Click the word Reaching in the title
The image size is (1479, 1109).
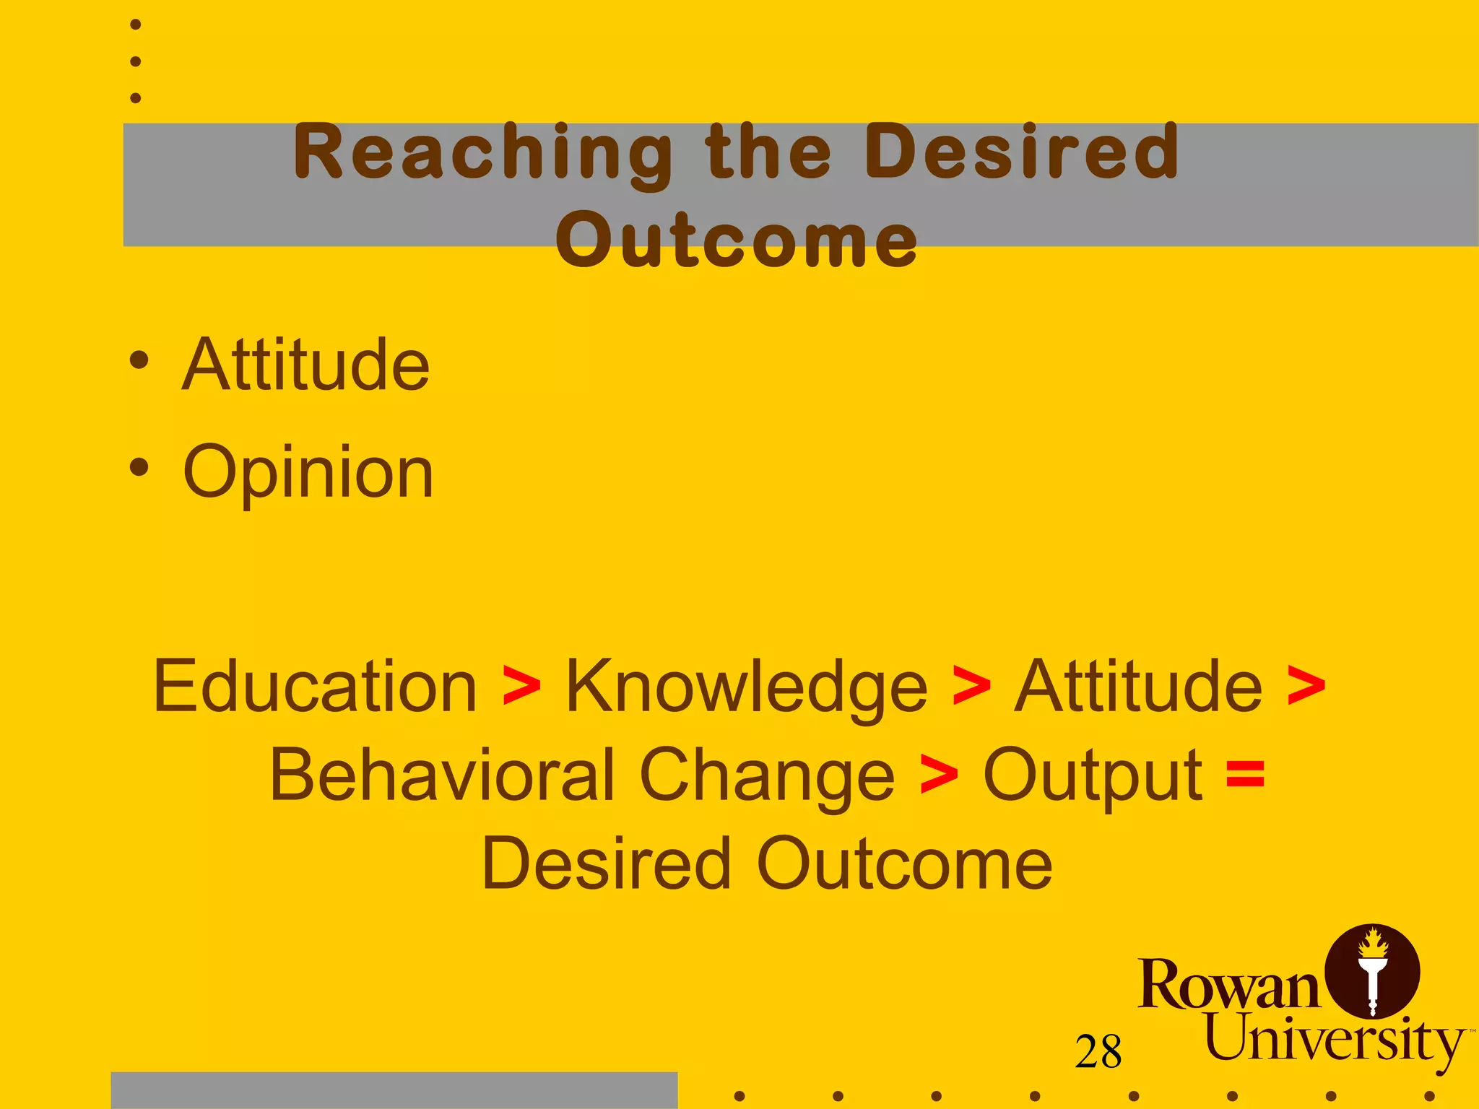[x=482, y=153]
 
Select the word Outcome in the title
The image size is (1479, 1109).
[x=737, y=240]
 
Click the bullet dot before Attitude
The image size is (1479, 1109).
[x=139, y=360]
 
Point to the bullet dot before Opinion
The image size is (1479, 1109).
[x=139, y=467]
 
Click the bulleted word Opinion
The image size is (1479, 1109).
[x=308, y=473]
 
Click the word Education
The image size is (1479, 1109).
[x=315, y=686]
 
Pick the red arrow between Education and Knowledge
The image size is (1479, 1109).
[x=521, y=686]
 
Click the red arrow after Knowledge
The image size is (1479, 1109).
[x=971, y=686]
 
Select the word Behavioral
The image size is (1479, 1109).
[x=441, y=775]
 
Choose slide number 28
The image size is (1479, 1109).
[x=1098, y=1052]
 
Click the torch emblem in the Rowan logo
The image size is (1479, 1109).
[x=1372, y=972]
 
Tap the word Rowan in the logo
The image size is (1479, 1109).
[x=1228, y=986]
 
